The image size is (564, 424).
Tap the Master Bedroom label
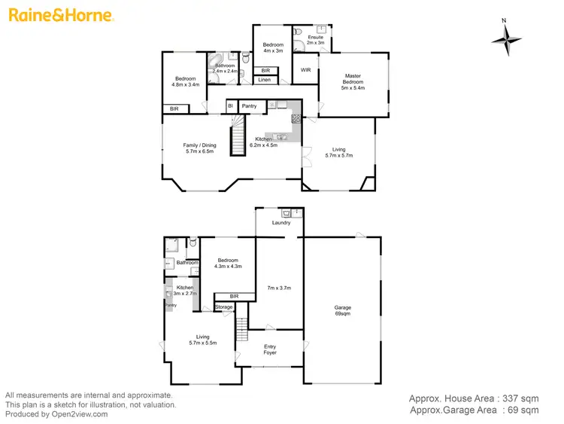(x=353, y=81)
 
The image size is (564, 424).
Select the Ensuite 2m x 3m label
(x=316, y=40)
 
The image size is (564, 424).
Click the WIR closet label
(x=306, y=70)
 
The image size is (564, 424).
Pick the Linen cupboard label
(x=264, y=80)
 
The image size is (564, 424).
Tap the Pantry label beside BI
(x=249, y=106)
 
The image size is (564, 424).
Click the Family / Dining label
(x=199, y=148)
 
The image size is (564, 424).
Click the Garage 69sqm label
(x=342, y=310)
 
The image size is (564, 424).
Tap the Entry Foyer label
(x=270, y=350)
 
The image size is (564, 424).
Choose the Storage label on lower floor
(x=224, y=307)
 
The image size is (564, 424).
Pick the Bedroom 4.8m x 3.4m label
(x=186, y=82)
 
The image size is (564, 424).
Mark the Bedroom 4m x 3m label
(x=272, y=48)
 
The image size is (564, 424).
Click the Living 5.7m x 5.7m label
(x=338, y=152)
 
